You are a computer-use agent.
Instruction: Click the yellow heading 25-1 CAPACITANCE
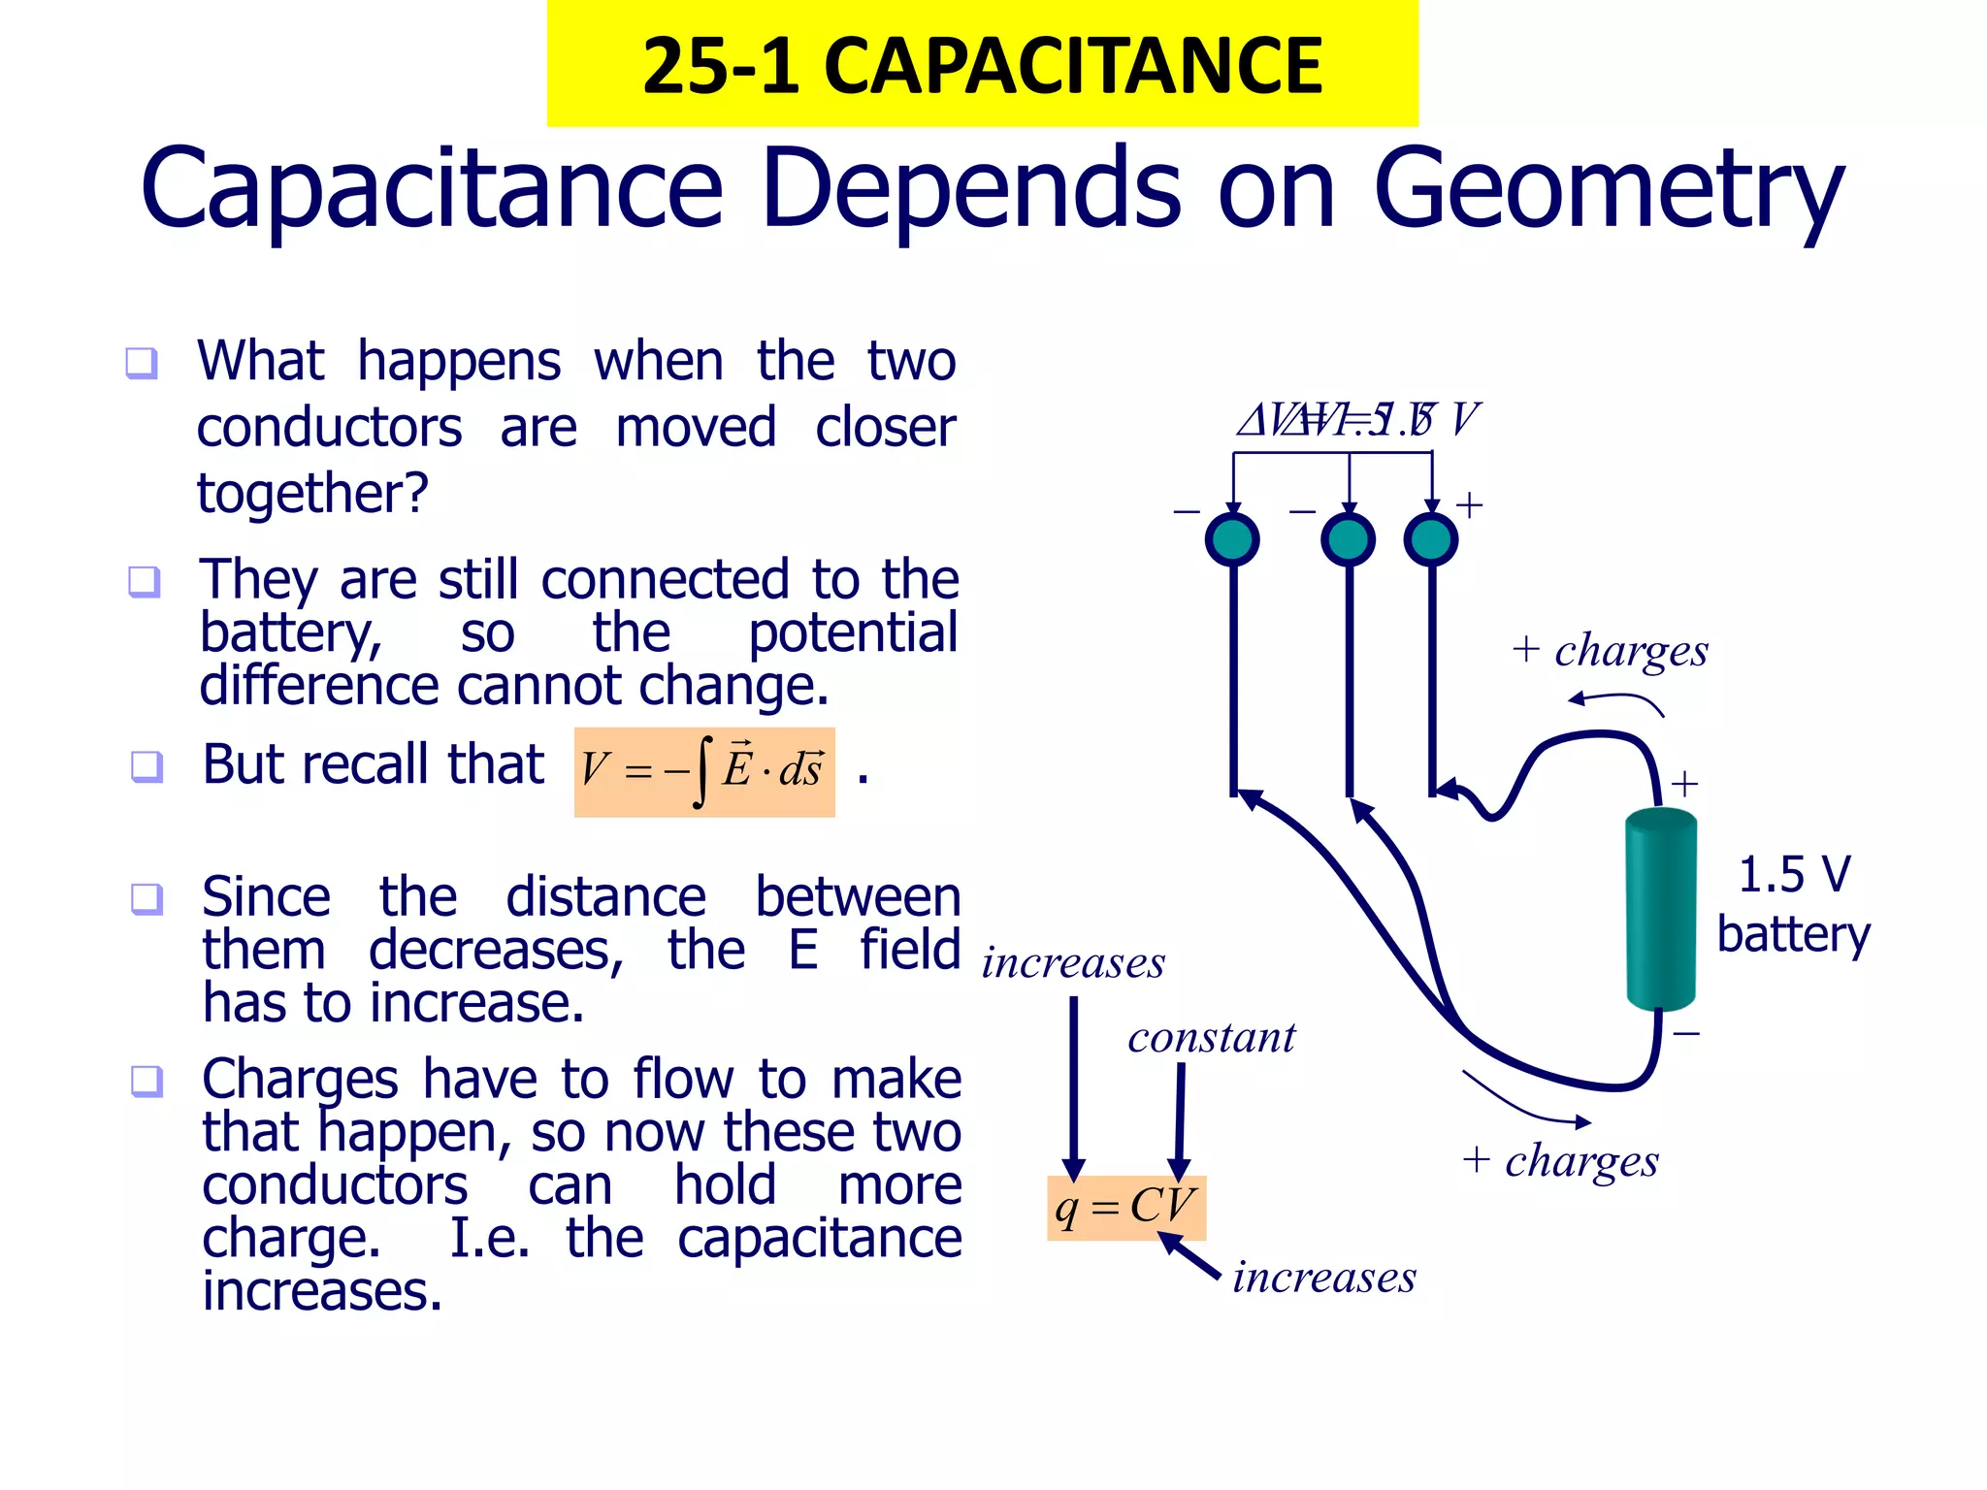(982, 65)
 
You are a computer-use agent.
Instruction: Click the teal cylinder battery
(1660, 909)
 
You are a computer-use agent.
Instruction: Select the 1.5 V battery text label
(1793, 904)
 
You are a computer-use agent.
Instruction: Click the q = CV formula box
(1125, 1208)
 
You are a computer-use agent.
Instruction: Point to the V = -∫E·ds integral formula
(704, 771)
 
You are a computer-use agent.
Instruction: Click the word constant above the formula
(1211, 1038)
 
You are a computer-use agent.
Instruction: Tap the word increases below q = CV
(1323, 1278)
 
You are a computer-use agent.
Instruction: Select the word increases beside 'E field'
(1073, 963)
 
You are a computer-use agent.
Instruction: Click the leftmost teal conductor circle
(1232, 539)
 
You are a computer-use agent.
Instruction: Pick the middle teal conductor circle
(1348, 539)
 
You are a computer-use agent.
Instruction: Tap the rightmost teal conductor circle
(1431, 539)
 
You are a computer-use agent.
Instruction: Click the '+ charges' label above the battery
(1611, 651)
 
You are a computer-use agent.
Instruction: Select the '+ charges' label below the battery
(1561, 1161)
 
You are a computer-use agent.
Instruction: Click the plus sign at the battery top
(1684, 784)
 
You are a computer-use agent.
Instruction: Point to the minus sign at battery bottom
(1686, 1034)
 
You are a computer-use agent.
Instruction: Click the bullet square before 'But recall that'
(147, 766)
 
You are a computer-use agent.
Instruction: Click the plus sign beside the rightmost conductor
(1469, 505)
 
